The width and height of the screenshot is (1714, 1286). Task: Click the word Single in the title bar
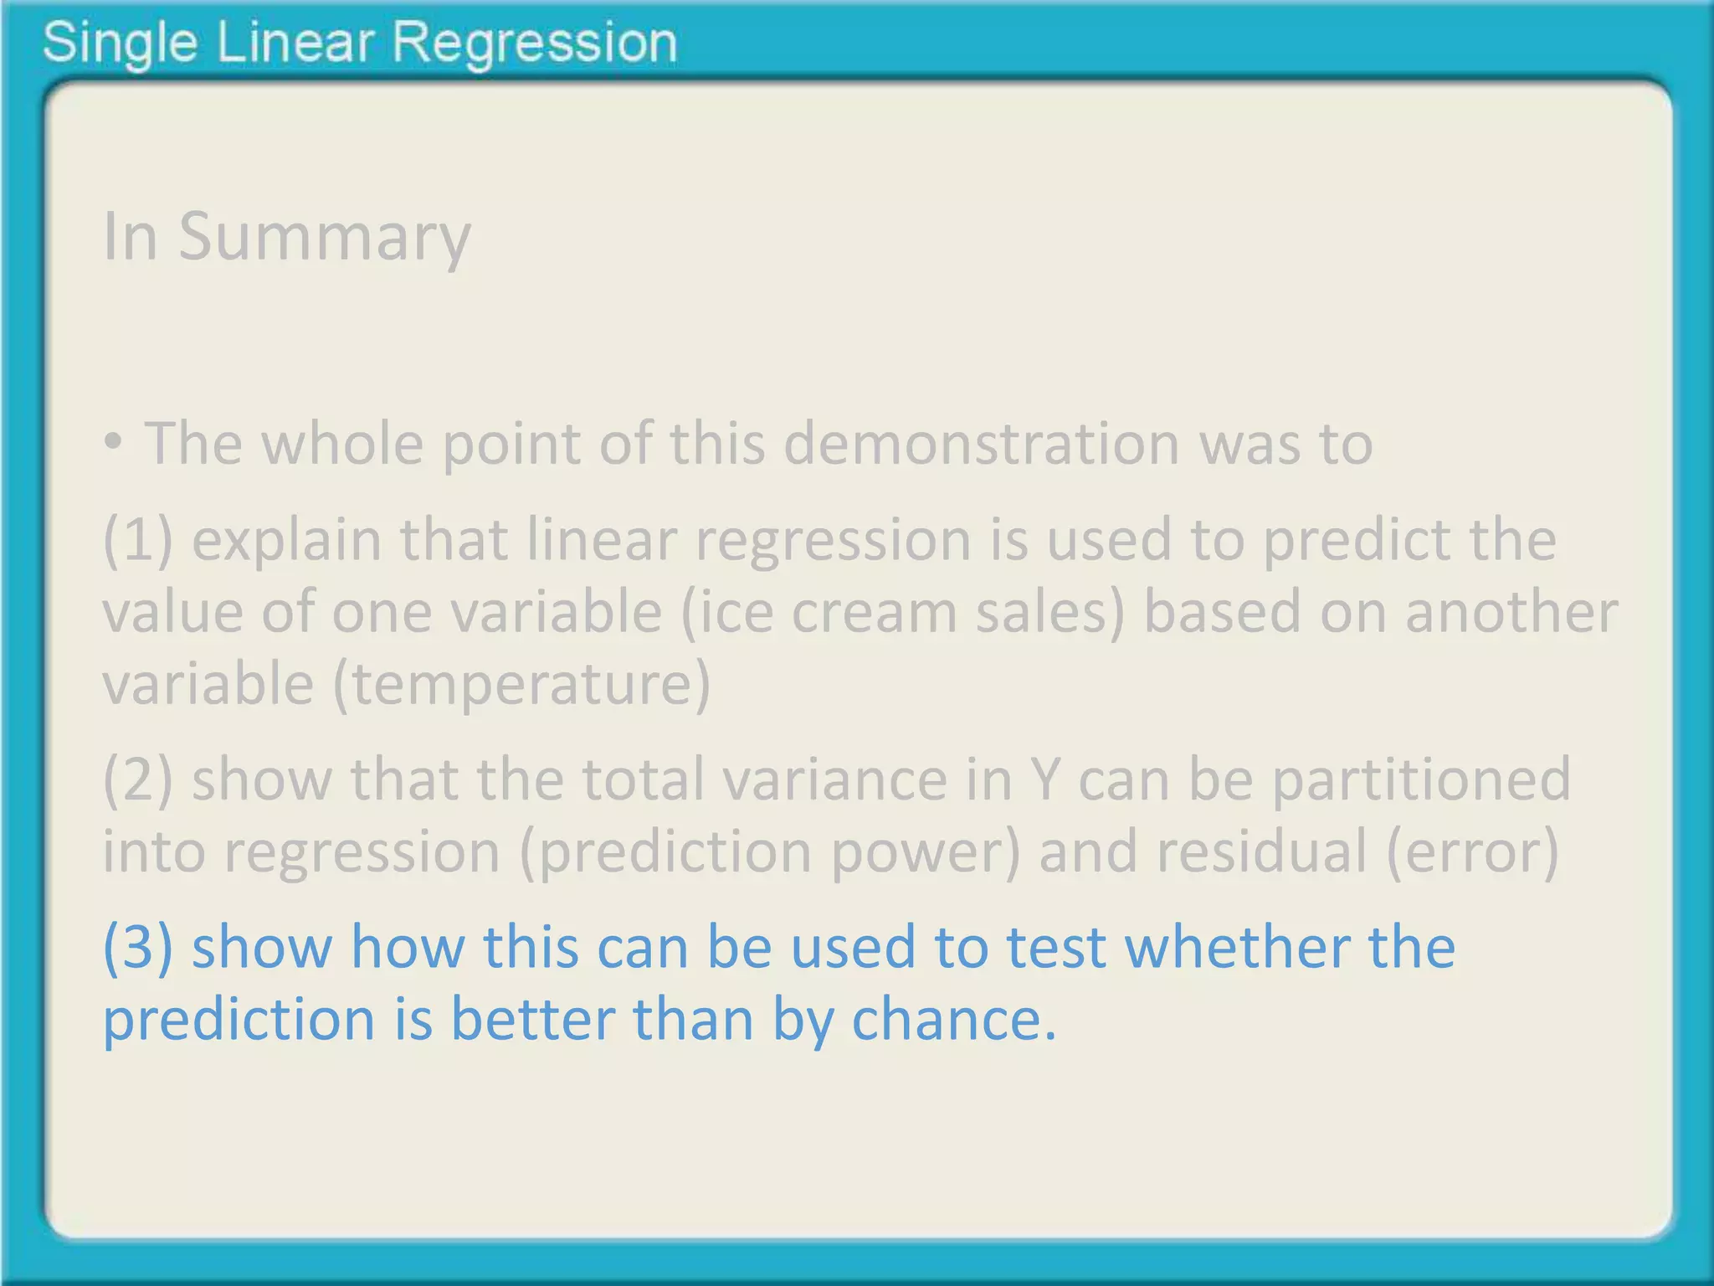point(120,44)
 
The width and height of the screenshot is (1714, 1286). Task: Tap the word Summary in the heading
point(325,238)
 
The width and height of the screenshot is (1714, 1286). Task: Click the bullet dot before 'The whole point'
point(115,443)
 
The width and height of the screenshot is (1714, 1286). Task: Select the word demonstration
point(981,443)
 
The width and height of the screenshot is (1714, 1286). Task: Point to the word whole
point(342,443)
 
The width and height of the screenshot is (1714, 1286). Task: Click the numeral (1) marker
point(138,540)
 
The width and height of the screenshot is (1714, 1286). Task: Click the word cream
point(874,612)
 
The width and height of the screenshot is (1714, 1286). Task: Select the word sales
point(1049,612)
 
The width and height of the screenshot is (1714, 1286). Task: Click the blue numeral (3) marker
point(138,948)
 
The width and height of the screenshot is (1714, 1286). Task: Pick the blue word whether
point(1236,948)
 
